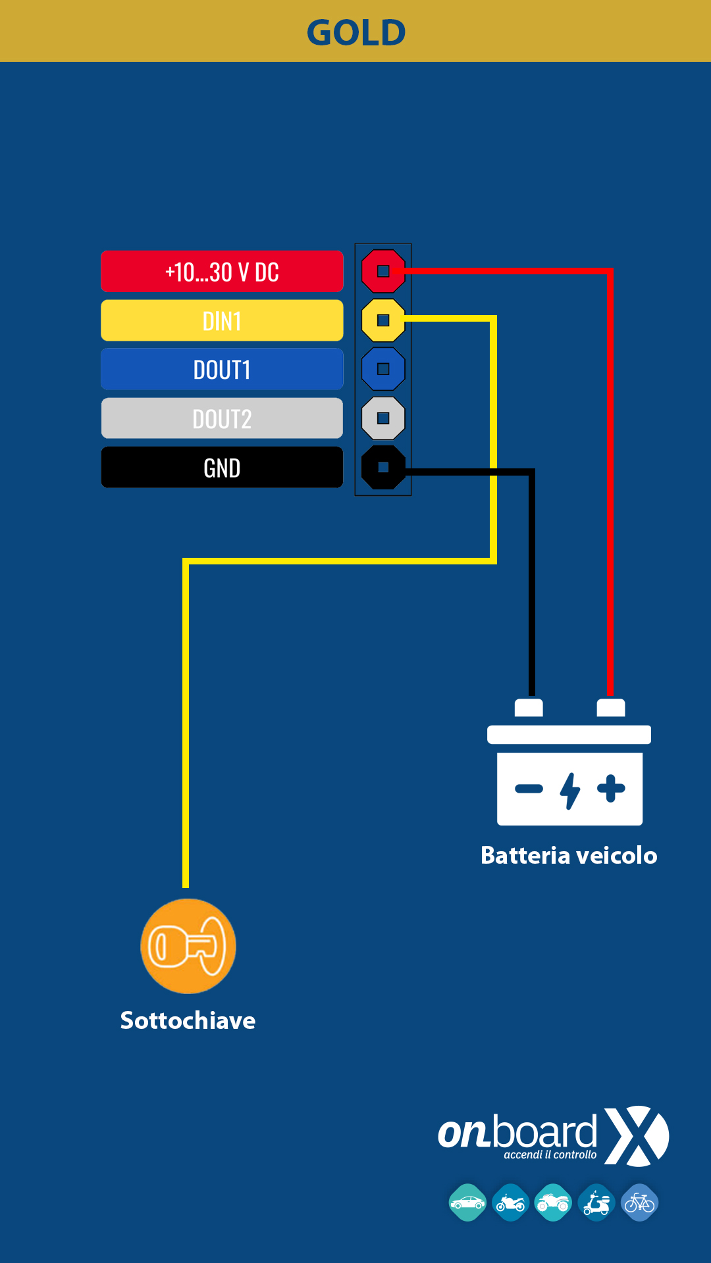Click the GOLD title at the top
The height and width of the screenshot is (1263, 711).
point(356,32)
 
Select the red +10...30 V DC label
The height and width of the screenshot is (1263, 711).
point(222,271)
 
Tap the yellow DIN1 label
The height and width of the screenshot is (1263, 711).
point(222,320)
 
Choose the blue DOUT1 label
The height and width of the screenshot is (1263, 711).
point(222,369)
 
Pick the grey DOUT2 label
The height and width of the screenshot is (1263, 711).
point(222,418)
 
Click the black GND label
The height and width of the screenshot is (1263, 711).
point(222,468)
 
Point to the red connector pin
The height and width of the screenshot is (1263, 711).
point(383,271)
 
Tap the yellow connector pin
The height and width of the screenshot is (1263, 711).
point(383,320)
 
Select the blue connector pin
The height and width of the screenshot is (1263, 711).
point(383,369)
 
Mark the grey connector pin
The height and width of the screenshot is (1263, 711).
point(383,418)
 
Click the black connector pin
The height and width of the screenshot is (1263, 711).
point(383,468)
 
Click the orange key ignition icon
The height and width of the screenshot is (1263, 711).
point(188,946)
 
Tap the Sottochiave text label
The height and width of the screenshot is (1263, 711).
point(188,1020)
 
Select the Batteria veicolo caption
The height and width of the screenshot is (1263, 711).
point(569,855)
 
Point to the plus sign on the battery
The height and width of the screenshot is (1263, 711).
point(611,789)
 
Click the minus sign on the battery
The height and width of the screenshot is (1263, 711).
point(529,789)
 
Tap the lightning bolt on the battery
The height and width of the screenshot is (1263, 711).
point(570,790)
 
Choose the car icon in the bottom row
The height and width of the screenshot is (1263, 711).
point(467,1202)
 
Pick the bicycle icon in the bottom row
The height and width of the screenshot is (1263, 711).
point(640,1202)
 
